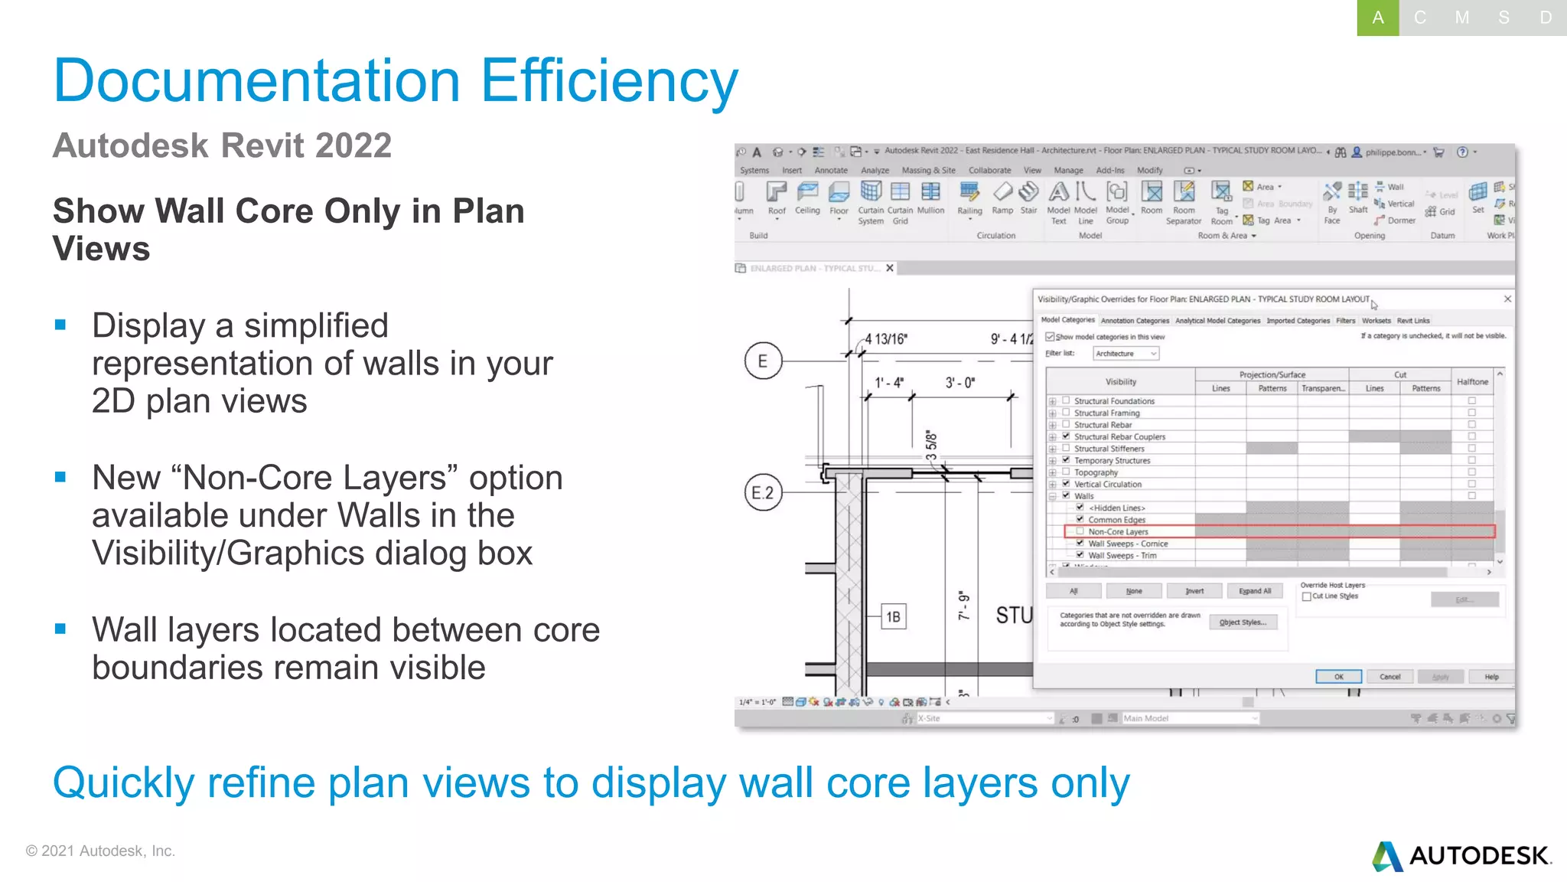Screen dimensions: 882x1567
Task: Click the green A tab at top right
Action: coord(1377,18)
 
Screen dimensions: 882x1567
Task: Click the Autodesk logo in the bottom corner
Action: coord(1461,856)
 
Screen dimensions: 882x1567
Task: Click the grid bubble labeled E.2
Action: coord(763,492)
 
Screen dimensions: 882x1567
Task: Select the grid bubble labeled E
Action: coord(763,361)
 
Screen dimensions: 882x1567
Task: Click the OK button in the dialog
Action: coord(1338,677)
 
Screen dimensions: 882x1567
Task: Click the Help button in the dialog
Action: coord(1491,677)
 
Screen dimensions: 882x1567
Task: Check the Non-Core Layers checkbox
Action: coord(1080,531)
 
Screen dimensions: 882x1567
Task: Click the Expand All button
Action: coord(1255,591)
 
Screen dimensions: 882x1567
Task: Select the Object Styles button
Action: coord(1243,622)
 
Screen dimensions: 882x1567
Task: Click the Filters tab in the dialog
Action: coord(1345,321)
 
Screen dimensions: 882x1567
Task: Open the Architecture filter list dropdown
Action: coord(1126,354)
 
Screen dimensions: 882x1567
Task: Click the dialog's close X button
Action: coord(1507,299)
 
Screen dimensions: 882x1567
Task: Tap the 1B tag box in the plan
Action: coord(893,617)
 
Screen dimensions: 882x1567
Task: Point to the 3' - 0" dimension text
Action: coord(960,383)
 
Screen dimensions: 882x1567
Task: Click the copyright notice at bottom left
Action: coord(100,851)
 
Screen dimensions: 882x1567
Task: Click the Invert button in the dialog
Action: coord(1194,591)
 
